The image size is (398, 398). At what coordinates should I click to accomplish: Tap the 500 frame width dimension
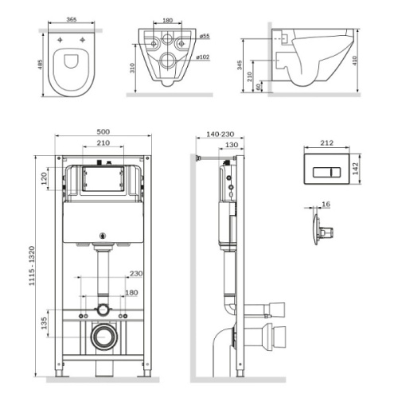[x=102, y=131]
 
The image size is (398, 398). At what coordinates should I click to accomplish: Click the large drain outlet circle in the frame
[x=102, y=337]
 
